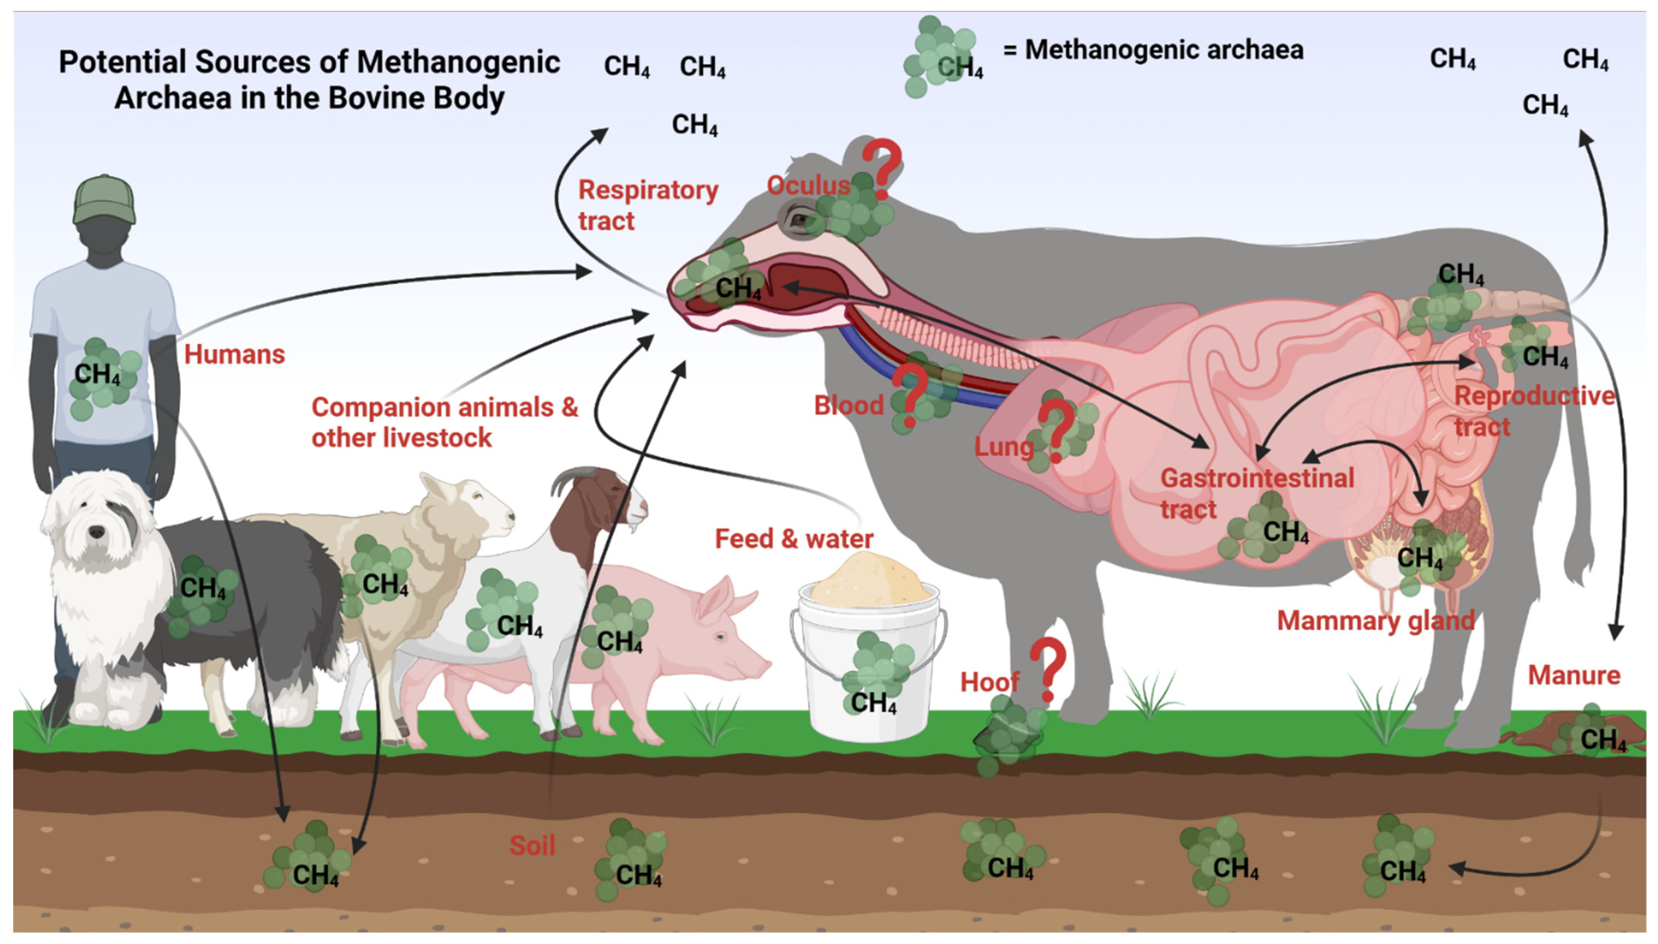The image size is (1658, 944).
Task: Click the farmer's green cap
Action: click(x=104, y=200)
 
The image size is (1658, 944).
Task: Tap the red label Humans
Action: click(x=234, y=355)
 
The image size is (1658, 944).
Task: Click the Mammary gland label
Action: click(x=1375, y=620)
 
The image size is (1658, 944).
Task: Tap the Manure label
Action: click(x=1574, y=675)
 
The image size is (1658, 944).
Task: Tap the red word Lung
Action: click(x=1003, y=447)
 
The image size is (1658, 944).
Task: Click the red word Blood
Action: click(x=848, y=405)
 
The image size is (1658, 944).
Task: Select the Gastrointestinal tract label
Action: click(x=1257, y=493)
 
